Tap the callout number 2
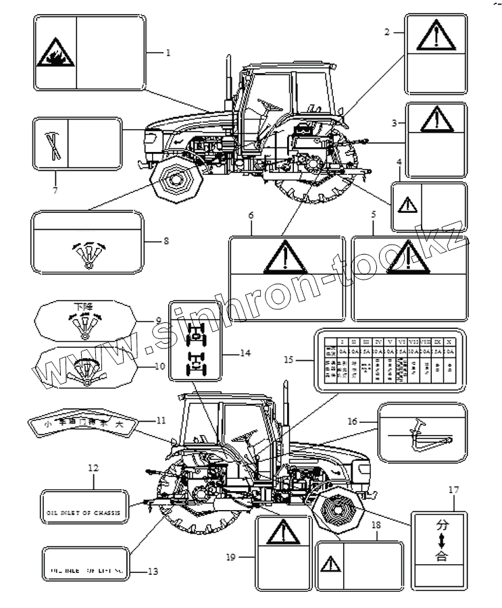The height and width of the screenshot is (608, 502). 387,32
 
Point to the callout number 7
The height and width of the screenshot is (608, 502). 55,190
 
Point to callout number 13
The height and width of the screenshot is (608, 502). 153,572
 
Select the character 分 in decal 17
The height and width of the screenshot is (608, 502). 441,524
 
